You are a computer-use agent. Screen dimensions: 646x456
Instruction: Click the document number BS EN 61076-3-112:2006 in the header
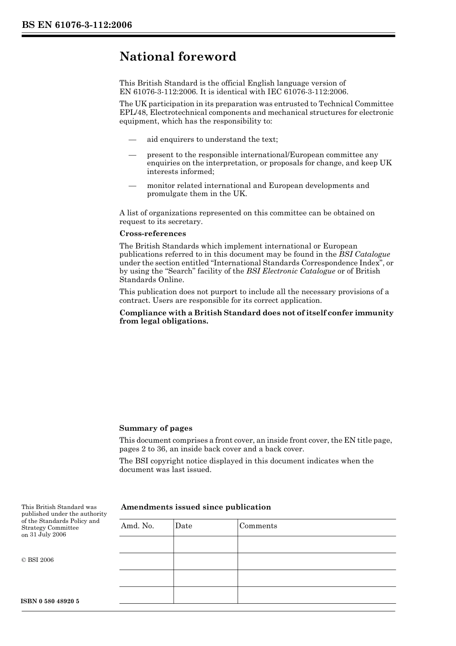coord(77,25)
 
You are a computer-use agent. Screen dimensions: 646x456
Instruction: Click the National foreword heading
coord(178,57)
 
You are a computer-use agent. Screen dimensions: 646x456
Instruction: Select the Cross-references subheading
coord(153,234)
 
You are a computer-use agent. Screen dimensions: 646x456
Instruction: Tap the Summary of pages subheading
coord(156,428)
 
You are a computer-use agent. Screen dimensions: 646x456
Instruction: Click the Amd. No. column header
coord(137,526)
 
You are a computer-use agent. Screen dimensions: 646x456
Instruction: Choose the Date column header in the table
coord(183,526)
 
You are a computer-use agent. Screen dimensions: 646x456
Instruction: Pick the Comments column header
coord(258,526)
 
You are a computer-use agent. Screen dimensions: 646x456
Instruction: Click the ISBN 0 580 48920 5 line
coord(50,602)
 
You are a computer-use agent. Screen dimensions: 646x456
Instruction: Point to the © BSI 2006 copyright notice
coord(37,560)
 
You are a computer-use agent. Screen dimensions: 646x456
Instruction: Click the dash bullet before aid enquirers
coord(132,139)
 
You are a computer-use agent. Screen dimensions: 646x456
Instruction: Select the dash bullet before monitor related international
coord(132,186)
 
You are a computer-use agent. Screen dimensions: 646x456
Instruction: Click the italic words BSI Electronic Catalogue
coord(291,271)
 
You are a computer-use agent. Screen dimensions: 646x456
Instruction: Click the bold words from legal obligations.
coord(164,321)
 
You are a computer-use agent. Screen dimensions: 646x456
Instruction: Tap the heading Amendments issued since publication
coord(196,507)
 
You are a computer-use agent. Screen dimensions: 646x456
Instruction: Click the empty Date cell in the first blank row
coord(205,545)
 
